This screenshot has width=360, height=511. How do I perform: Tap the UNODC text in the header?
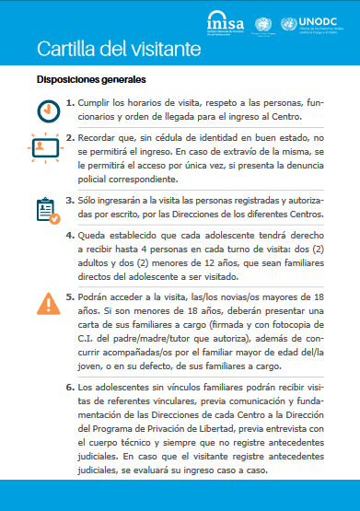point(323,19)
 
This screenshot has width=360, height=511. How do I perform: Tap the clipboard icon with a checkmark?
point(46,211)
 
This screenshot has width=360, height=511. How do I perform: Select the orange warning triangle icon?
point(47,304)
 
